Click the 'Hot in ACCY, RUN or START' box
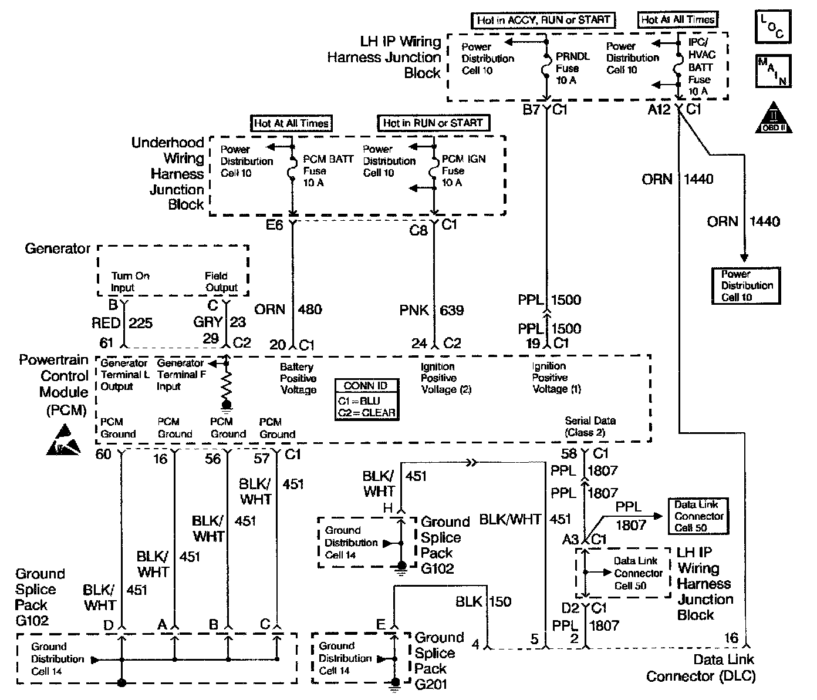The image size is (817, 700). [x=543, y=20]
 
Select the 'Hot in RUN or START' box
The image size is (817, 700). [x=433, y=123]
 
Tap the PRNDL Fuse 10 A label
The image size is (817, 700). [x=572, y=69]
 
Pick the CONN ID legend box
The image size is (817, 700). [x=366, y=399]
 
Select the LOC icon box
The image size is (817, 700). [x=772, y=27]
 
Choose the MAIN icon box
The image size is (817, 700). [x=772, y=71]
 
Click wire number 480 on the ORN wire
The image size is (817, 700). [x=310, y=309]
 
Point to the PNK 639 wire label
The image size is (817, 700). [x=432, y=310]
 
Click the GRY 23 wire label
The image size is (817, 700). [x=220, y=322]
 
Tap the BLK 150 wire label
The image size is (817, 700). [x=484, y=602]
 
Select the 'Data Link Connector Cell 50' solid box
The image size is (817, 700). [x=698, y=516]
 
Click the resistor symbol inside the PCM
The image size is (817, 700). [x=226, y=386]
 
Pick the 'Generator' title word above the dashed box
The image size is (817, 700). [x=58, y=248]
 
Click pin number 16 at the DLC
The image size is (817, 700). [x=731, y=638]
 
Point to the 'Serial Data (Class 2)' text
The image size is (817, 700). [x=589, y=427]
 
